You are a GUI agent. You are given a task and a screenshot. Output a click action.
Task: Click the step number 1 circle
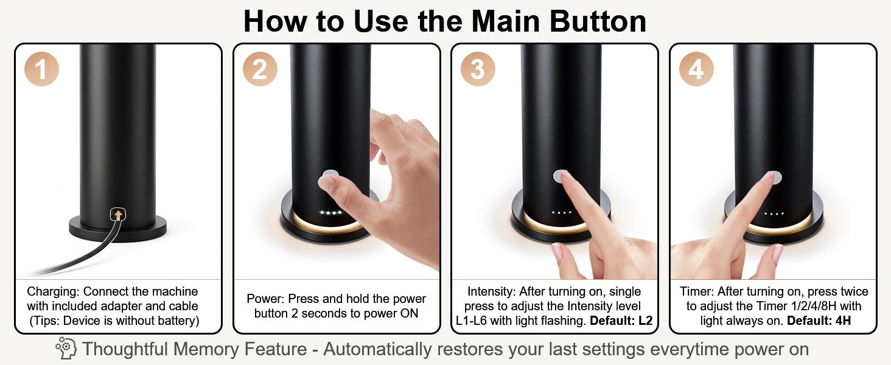click(x=41, y=69)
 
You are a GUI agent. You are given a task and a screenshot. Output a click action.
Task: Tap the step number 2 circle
click(x=260, y=69)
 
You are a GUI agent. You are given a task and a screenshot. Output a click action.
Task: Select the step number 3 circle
click(x=478, y=69)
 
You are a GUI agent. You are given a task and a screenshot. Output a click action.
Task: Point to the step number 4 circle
click(x=696, y=69)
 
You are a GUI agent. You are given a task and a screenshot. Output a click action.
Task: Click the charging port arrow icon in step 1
click(x=118, y=214)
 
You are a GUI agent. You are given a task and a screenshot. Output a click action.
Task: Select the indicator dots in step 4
click(x=774, y=214)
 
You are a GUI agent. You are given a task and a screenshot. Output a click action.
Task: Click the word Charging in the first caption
click(x=54, y=291)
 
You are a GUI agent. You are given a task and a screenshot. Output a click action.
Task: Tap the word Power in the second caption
click(x=265, y=299)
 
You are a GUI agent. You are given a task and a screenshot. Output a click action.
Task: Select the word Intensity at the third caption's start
click(x=492, y=291)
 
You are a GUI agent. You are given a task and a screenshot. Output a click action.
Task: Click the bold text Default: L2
click(x=621, y=321)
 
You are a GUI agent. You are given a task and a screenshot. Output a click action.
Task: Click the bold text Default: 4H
click(x=819, y=321)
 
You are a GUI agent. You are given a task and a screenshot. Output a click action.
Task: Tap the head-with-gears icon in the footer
click(x=65, y=349)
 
